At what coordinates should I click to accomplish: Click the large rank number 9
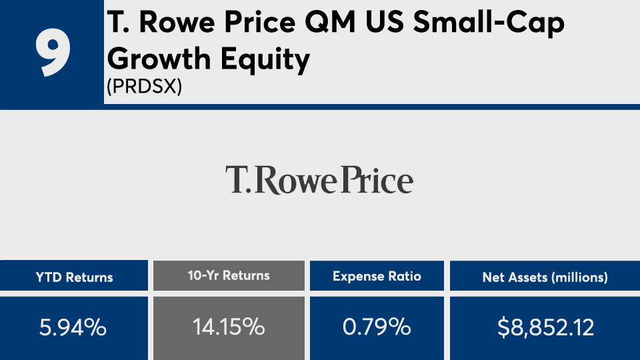point(52,53)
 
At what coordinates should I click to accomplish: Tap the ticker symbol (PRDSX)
point(144,87)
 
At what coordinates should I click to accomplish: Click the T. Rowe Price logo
point(319,180)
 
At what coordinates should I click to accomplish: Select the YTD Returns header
point(74,277)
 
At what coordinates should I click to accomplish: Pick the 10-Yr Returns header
point(229,275)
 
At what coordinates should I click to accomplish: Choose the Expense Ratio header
point(377,276)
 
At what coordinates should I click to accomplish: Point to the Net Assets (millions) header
point(545,277)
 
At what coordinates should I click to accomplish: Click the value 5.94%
point(74,327)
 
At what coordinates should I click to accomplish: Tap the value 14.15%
point(229,327)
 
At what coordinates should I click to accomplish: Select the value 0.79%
point(377,327)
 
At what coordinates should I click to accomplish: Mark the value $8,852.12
point(545,327)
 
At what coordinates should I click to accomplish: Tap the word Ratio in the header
point(405,276)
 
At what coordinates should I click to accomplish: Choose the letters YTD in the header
point(48,277)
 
